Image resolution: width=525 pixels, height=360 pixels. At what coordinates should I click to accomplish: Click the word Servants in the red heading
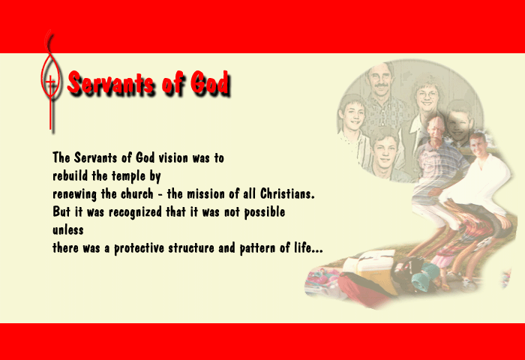[111, 82]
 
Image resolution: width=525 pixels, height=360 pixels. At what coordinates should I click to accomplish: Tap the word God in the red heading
[210, 82]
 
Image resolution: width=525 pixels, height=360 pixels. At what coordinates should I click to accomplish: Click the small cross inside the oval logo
[50, 82]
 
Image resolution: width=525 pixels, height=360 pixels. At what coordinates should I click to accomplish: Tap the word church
[137, 193]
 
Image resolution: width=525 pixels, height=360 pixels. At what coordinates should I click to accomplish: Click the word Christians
[287, 193]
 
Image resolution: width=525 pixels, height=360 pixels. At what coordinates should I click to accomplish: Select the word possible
[265, 212]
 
